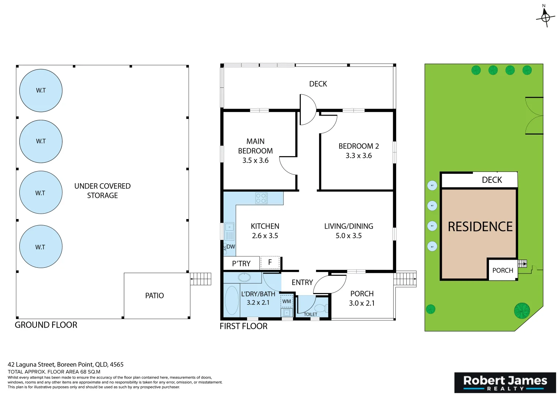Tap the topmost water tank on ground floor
[41, 90]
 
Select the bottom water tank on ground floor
[41, 247]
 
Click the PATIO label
[154, 296]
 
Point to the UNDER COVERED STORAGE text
[102, 191]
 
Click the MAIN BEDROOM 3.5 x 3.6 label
[255, 151]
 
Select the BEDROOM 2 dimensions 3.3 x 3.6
[358, 156]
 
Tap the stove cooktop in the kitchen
[261, 198]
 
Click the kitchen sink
[229, 231]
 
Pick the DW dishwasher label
[231, 247]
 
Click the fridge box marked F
[270, 262]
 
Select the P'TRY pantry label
[241, 263]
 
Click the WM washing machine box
[287, 301]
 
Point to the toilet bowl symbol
[321, 308]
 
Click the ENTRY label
[302, 282]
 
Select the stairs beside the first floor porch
[405, 279]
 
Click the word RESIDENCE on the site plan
[480, 227]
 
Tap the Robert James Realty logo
[505, 383]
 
